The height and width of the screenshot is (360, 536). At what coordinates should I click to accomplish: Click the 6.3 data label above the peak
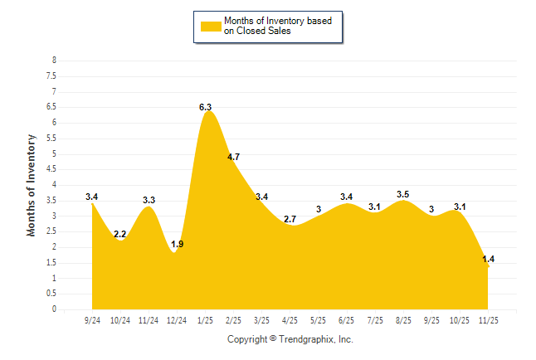(206, 107)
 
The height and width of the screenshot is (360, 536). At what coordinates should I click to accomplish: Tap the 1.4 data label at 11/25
(488, 260)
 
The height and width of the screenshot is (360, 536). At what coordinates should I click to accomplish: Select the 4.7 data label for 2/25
(233, 157)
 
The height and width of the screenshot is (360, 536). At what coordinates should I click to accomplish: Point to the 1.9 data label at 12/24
(178, 244)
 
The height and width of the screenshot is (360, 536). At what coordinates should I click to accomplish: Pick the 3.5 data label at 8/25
(403, 194)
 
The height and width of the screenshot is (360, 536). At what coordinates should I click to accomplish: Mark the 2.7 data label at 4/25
(290, 219)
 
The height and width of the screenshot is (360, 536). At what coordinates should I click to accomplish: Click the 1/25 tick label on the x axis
(206, 319)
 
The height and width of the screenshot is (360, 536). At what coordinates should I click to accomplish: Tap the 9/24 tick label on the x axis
(93, 319)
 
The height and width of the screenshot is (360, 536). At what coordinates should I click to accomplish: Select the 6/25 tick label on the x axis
(347, 319)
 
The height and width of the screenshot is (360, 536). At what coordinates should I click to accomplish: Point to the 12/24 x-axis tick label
(178, 319)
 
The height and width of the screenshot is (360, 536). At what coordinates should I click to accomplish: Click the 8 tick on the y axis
(54, 61)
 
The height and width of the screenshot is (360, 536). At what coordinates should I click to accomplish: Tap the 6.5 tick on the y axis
(51, 107)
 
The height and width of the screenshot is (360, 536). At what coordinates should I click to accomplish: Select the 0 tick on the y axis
(54, 309)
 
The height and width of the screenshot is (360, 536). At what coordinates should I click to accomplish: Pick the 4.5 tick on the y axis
(51, 169)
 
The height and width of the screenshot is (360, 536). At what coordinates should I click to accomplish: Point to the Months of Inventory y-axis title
(32, 185)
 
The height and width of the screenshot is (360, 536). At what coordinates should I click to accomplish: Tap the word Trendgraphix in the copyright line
(308, 339)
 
